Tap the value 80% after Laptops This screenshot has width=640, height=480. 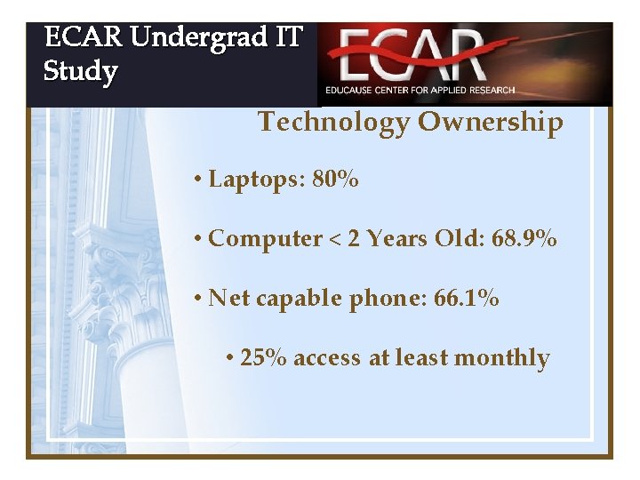point(336,180)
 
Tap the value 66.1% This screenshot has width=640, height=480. point(467,298)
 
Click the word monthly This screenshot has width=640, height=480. point(502,358)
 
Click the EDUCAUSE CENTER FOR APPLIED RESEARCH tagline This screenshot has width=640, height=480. point(420,91)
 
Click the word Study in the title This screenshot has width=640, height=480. point(81,70)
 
